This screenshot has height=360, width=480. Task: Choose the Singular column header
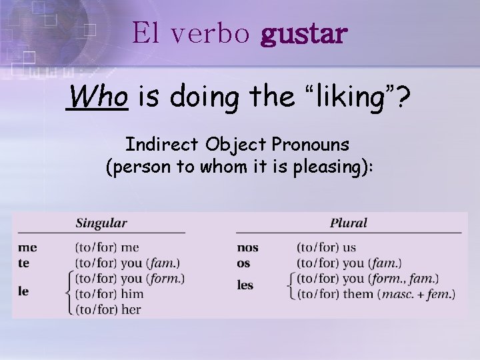pos(101,223)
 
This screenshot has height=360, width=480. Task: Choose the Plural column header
pos(348,223)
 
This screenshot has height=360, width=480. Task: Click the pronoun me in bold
pos(27,247)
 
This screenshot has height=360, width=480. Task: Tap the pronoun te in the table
pos(24,263)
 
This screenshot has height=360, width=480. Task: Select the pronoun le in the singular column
pos(23,291)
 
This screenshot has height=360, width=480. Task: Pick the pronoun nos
pos(247,247)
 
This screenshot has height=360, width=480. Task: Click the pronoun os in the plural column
pos(243,263)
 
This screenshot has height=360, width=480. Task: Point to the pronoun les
pos(245,285)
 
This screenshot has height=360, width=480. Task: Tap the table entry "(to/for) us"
pos(326,247)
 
